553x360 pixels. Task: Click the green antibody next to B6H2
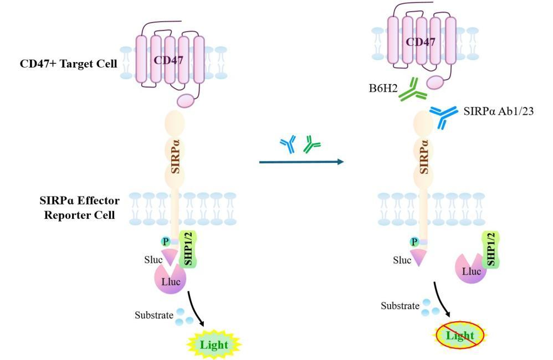point(409,90)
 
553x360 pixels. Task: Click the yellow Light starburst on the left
point(213,344)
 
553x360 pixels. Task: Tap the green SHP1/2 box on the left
point(188,253)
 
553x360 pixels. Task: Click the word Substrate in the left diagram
point(153,315)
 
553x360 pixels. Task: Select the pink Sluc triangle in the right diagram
point(419,256)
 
